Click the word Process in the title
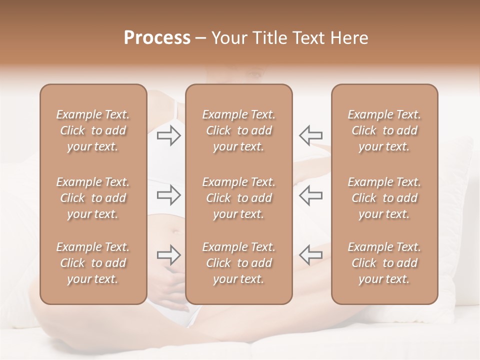(x=157, y=38)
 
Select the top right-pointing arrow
(x=169, y=135)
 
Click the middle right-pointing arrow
(x=169, y=195)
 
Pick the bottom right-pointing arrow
(x=169, y=255)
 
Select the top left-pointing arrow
(x=310, y=135)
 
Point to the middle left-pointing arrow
(x=310, y=195)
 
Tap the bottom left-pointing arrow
(x=310, y=255)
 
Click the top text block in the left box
(x=93, y=130)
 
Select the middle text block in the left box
(x=93, y=198)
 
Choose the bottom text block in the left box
(x=93, y=263)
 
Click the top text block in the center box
(x=239, y=130)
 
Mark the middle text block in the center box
(x=239, y=198)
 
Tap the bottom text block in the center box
(x=239, y=263)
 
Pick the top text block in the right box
(x=384, y=130)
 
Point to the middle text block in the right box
(x=384, y=198)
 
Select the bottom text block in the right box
(x=384, y=263)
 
